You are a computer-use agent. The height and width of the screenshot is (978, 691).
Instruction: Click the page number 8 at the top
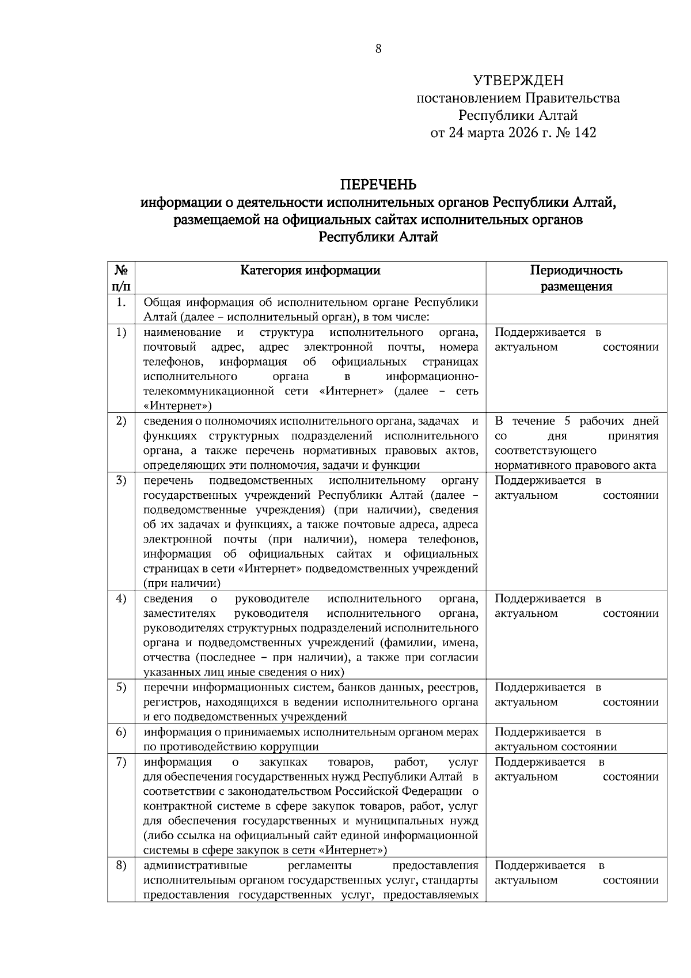378,49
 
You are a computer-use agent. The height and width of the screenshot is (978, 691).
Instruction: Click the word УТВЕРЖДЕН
518,80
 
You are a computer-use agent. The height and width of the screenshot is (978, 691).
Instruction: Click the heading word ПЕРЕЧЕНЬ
378,185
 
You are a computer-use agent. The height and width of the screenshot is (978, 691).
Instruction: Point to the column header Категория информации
310,270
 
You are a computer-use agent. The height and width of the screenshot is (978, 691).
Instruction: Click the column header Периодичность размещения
576,278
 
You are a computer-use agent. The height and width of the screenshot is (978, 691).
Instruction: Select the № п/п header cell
121,278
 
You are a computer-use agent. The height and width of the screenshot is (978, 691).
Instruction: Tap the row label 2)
121,421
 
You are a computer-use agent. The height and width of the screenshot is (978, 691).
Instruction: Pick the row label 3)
121,480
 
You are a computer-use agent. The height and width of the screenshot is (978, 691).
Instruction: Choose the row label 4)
121,598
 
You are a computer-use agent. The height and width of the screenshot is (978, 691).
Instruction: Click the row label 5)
121,687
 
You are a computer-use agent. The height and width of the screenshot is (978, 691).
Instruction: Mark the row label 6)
121,732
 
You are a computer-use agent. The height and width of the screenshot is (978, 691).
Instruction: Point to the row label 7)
121,762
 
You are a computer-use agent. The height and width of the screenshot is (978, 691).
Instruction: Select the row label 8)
121,866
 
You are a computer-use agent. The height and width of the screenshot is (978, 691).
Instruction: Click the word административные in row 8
195,866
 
